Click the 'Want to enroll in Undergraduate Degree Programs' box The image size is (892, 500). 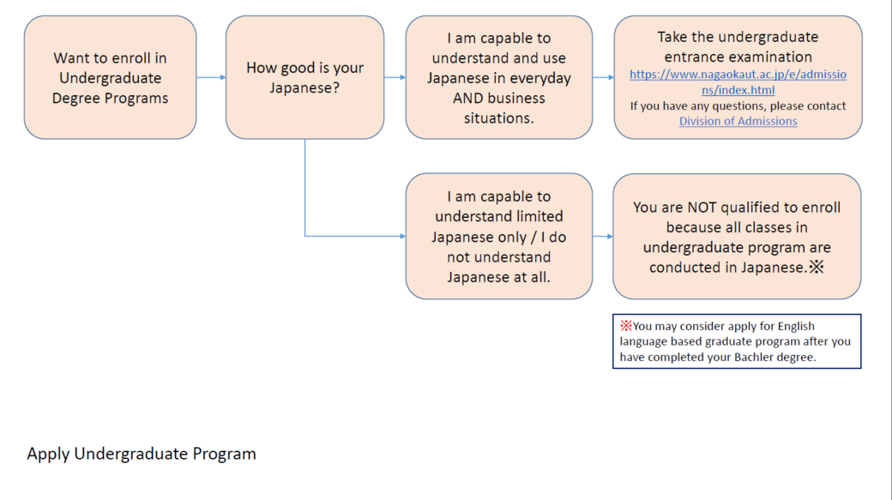tap(110, 77)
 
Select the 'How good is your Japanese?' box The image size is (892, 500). tap(304, 77)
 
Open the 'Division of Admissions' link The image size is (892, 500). tap(738, 121)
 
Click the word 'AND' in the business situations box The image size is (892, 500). tap(468, 98)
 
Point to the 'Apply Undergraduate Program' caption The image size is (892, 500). tap(142, 454)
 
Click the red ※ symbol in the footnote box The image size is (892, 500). tap(626, 326)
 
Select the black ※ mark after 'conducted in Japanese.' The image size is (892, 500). tap(817, 268)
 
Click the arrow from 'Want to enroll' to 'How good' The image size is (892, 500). tap(211, 77)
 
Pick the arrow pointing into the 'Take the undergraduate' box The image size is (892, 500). tap(603, 77)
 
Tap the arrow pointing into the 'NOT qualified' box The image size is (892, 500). tap(603, 236)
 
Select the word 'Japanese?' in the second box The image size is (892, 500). tap(304, 87)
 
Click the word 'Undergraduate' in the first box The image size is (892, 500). tap(110, 78)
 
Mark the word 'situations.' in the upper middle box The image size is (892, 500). tap(498, 117)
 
